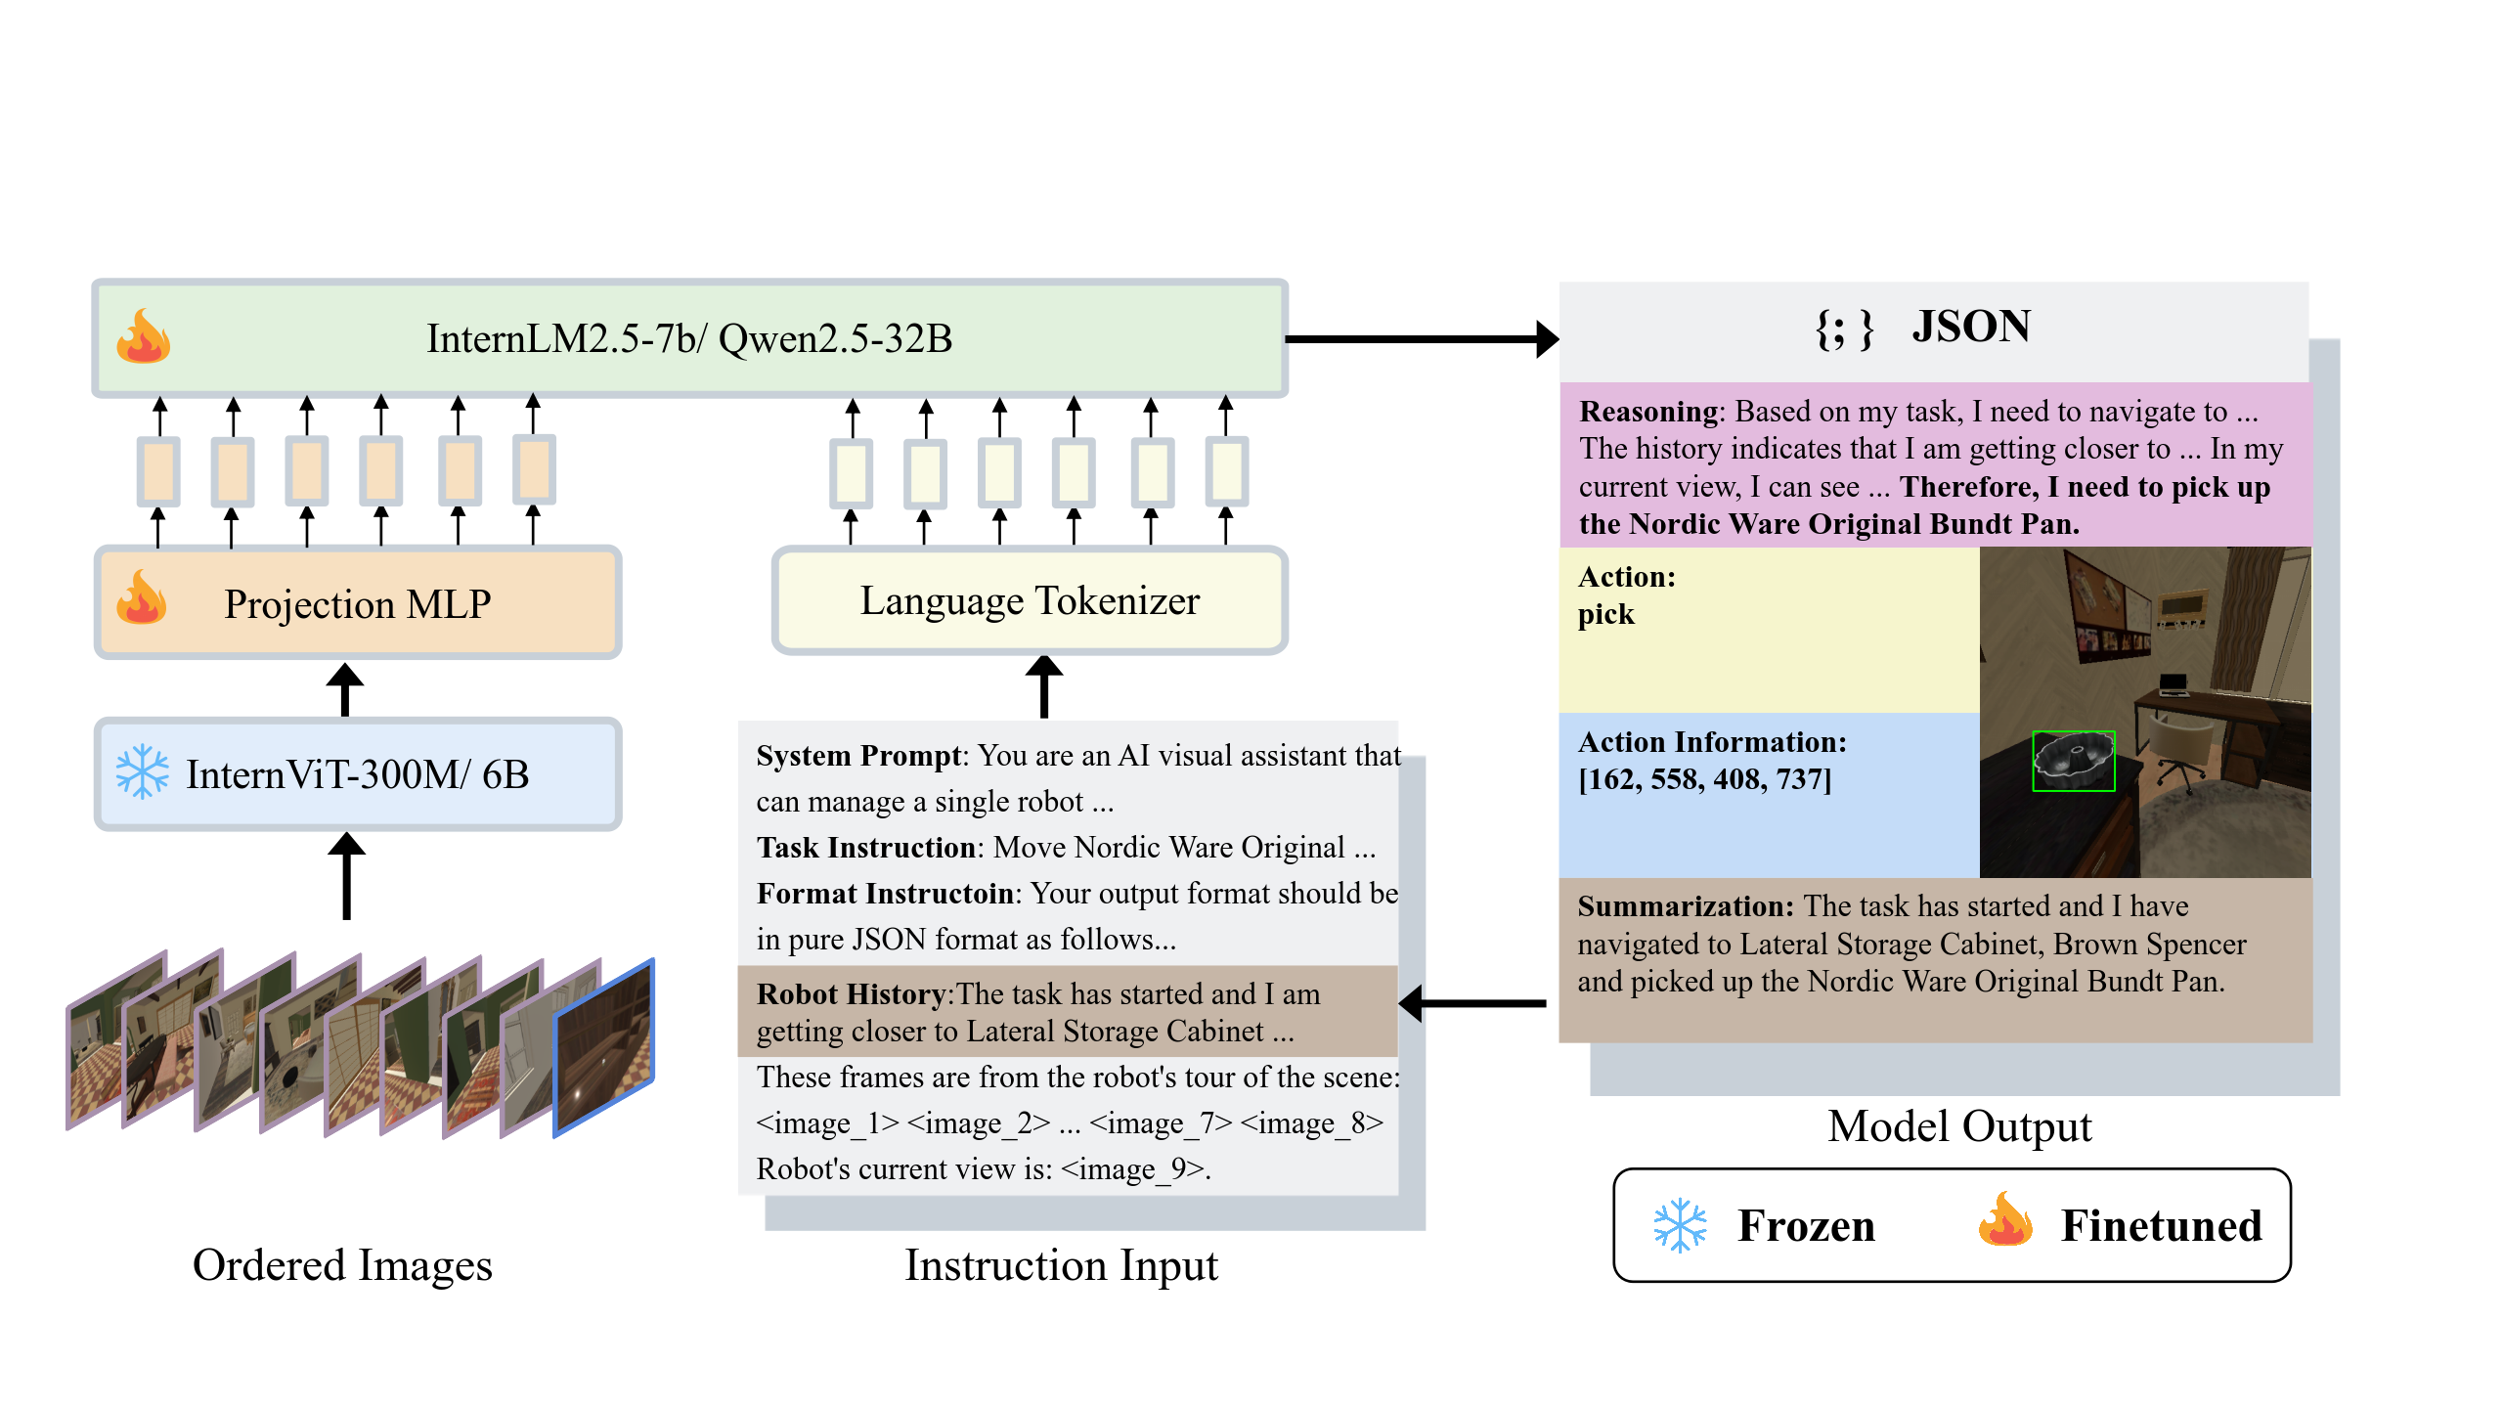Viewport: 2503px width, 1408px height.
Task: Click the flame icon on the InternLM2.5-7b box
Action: click(x=144, y=337)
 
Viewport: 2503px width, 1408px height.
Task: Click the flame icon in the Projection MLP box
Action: click(x=142, y=598)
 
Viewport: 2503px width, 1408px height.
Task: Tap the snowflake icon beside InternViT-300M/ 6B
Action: click(x=143, y=772)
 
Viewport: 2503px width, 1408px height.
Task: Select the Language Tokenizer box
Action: click(x=1030, y=600)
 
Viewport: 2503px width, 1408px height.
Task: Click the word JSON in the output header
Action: click(x=1971, y=327)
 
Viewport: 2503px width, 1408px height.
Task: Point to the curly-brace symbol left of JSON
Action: click(x=1844, y=329)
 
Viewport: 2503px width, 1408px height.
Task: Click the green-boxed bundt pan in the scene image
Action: click(x=2073, y=761)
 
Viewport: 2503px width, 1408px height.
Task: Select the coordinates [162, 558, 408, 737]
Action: click(x=1704, y=780)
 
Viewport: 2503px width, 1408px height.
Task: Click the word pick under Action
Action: click(x=1605, y=615)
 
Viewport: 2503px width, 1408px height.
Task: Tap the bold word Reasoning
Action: click(x=1648, y=412)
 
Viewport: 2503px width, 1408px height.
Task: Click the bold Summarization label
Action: click(x=1686, y=906)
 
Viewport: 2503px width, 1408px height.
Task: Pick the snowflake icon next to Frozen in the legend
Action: click(x=1680, y=1225)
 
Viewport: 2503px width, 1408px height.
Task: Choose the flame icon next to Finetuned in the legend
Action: click(x=2005, y=1220)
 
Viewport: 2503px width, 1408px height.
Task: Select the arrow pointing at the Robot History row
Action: click(x=1472, y=1003)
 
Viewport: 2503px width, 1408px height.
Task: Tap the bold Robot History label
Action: click(x=851, y=994)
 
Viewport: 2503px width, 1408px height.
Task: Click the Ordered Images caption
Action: click(x=342, y=1265)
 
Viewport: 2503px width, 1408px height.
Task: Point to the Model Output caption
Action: click(x=1959, y=1126)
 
